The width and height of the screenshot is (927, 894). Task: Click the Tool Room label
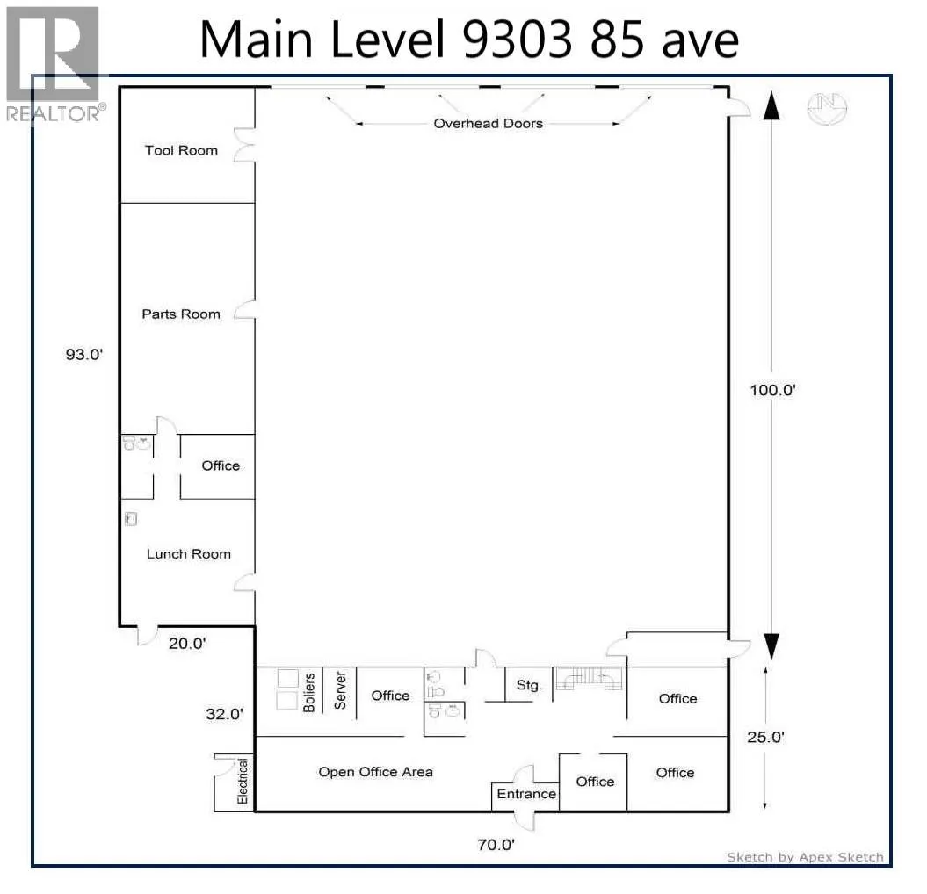(x=181, y=150)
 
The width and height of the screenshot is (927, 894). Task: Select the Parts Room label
(x=181, y=314)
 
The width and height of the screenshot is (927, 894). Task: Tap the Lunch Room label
(x=189, y=553)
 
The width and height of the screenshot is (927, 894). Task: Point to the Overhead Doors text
(x=489, y=124)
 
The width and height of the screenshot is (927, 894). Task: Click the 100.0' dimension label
(x=772, y=390)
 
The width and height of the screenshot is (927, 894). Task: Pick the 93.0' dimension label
(x=84, y=355)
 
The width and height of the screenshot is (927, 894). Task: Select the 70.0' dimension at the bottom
(x=496, y=844)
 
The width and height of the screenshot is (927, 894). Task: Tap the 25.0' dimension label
(x=765, y=737)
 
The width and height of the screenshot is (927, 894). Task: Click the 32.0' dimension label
(x=224, y=714)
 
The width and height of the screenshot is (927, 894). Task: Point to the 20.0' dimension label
(x=187, y=643)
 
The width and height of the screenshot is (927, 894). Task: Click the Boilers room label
(x=308, y=692)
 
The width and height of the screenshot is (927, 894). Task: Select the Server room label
(x=340, y=689)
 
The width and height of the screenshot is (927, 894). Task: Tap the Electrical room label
(x=243, y=781)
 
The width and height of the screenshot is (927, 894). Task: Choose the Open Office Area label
(x=375, y=772)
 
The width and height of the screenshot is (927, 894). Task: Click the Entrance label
(x=526, y=794)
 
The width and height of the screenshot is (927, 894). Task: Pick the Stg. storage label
(x=529, y=685)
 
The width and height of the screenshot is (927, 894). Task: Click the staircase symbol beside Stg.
(x=589, y=678)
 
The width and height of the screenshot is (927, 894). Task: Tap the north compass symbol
(x=827, y=108)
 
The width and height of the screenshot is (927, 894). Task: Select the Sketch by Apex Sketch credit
(x=805, y=857)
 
